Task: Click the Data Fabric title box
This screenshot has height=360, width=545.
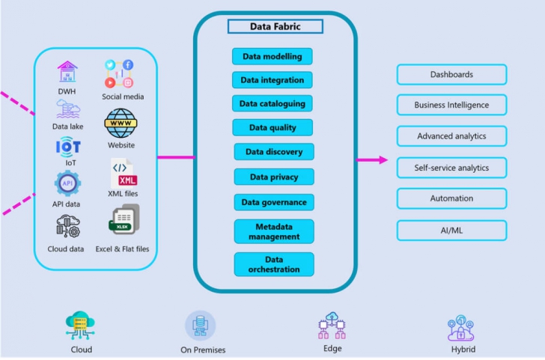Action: point(275,26)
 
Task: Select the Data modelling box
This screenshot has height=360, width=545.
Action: point(272,56)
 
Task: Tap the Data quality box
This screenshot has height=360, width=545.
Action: point(272,127)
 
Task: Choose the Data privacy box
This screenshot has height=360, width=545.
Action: point(273,177)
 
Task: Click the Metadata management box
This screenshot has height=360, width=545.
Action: point(273,231)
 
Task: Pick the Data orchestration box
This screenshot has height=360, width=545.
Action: point(273,264)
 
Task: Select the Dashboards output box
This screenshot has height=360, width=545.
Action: point(451,74)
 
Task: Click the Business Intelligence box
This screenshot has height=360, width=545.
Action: point(451,105)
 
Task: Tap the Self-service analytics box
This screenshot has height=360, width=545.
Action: point(451,168)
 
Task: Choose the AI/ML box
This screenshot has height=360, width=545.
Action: point(451,230)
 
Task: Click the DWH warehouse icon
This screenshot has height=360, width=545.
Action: point(67,73)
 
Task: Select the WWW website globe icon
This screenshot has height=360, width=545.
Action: point(120,123)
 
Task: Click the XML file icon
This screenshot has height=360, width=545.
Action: point(123,173)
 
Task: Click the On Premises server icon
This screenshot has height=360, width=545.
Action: point(200,326)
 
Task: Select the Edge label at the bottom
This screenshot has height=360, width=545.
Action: point(332,348)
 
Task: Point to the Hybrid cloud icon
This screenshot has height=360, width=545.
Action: point(462,327)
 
